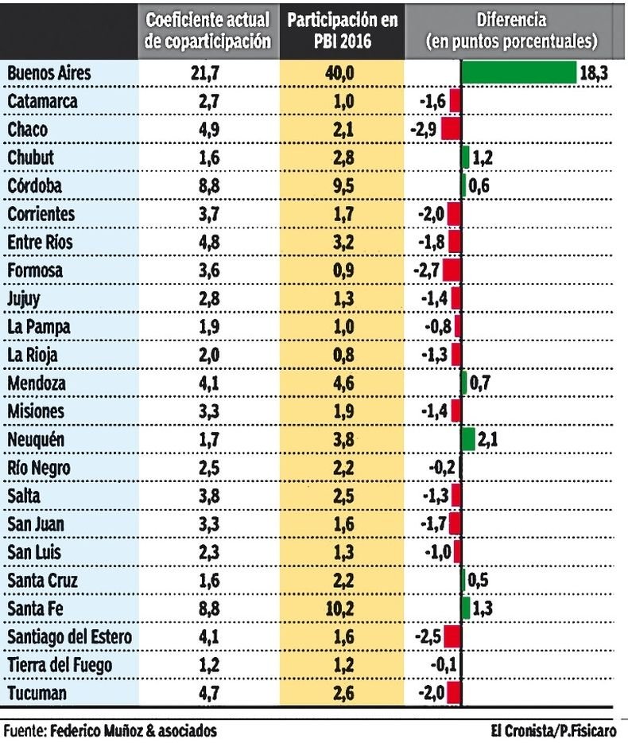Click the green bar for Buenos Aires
click(519, 72)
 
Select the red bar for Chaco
click(452, 129)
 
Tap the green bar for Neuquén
click(468, 438)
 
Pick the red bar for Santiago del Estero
click(453, 636)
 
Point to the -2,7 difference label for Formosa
click(427, 270)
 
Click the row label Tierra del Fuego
click(60, 665)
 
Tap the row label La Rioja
click(33, 355)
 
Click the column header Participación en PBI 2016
click(342, 31)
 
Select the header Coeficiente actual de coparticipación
click(208, 31)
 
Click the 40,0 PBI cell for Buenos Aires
click(341, 73)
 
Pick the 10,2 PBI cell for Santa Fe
click(341, 609)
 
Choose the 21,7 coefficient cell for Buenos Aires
click(208, 73)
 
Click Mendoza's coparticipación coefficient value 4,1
click(208, 383)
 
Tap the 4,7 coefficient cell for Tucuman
click(208, 693)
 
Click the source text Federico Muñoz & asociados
click(133, 729)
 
